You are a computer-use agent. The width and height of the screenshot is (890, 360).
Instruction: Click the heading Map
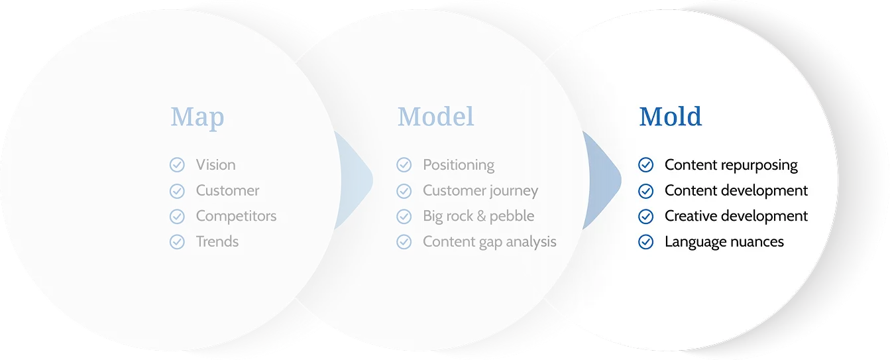(197, 117)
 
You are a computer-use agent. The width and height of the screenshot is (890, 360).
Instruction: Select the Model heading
(436, 117)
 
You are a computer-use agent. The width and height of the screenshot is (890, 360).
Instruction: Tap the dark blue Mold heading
(670, 117)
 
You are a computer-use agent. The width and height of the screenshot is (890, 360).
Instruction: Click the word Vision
(216, 165)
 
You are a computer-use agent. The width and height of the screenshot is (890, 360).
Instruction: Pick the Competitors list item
(236, 216)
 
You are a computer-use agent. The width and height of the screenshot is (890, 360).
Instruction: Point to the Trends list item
(217, 241)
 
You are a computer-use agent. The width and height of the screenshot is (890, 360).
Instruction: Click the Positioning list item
(459, 165)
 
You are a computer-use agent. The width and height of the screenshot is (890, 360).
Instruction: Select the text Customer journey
(480, 191)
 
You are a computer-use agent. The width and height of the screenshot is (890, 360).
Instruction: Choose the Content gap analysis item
(490, 242)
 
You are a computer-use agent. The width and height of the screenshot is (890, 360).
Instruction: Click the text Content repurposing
(731, 165)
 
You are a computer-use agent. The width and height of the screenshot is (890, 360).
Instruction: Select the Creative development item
(736, 216)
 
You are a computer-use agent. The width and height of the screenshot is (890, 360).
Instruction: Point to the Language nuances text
(724, 242)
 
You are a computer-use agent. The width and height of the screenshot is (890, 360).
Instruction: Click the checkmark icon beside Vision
(177, 165)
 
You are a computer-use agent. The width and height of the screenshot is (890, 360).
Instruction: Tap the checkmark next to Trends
(177, 241)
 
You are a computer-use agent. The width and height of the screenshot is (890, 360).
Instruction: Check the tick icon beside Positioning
(404, 165)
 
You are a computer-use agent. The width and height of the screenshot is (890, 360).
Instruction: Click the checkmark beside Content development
(646, 191)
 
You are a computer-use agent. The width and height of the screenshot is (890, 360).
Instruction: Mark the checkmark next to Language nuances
(646, 241)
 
